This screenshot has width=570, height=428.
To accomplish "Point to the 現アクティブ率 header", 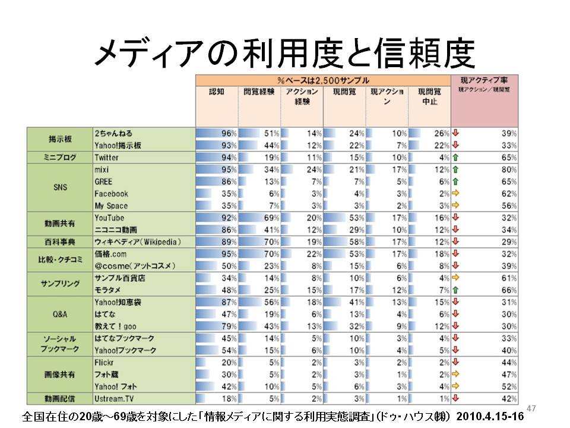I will tap(484, 80).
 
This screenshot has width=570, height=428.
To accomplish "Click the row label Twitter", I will tap(106, 158).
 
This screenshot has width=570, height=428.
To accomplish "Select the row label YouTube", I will tap(109, 218).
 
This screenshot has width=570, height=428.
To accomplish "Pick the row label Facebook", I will tap(111, 194).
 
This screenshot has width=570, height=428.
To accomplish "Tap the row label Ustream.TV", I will tap(114, 398).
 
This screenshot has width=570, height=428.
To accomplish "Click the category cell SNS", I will tap(59, 187).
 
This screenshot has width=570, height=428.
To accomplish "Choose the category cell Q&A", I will tap(59, 314).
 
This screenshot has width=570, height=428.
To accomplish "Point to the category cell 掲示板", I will tap(59, 139).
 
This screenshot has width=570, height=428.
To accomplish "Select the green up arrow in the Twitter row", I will tap(456, 158).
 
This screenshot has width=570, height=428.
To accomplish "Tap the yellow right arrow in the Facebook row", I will tap(456, 194).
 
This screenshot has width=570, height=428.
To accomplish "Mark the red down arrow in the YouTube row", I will tap(456, 218).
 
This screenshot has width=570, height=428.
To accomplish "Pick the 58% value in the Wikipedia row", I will tap(357, 242).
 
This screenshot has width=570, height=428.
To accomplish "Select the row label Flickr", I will tap(104, 362).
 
